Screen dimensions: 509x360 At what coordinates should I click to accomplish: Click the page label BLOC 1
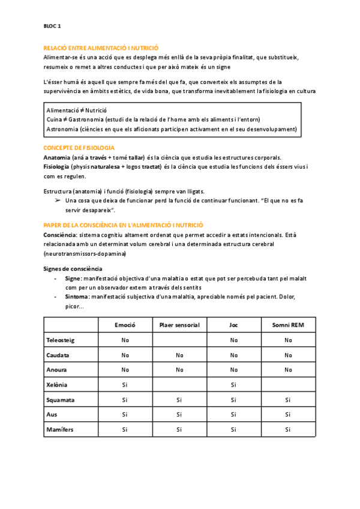point(52,26)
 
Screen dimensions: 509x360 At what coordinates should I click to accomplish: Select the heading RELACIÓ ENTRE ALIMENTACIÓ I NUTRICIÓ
point(101,47)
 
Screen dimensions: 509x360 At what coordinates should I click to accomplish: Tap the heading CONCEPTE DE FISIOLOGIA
point(79,148)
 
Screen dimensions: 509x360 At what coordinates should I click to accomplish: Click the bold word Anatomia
point(58,157)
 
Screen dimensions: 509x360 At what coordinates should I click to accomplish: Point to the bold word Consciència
point(60,235)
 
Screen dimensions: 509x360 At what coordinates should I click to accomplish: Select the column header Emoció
point(125,325)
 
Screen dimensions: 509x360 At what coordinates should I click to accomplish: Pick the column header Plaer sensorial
point(179,325)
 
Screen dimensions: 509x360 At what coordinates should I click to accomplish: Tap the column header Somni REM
point(289,325)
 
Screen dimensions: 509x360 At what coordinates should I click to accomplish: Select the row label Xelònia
point(57,384)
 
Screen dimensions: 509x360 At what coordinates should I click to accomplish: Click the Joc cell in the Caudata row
point(233,355)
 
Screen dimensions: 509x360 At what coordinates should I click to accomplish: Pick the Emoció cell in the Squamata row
point(125,399)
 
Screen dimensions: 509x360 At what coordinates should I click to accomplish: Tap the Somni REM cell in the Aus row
point(289,414)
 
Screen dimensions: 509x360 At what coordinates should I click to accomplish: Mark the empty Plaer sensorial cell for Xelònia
point(179,384)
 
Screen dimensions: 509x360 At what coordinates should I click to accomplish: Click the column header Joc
point(233,325)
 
